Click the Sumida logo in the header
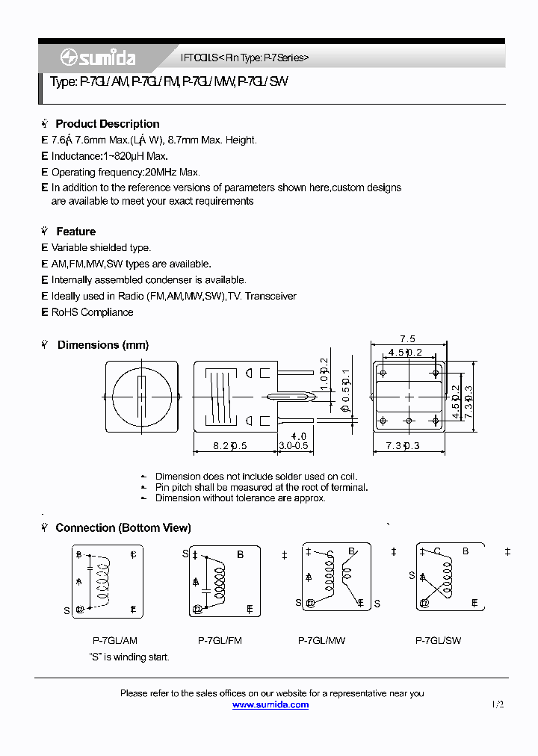(x=97, y=58)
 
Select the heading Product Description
(x=107, y=124)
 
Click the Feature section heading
(x=75, y=232)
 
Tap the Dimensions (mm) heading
(x=102, y=345)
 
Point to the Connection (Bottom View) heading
(x=123, y=527)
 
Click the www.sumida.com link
(x=270, y=704)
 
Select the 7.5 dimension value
(x=407, y=338)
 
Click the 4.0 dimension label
(x=298, y=436)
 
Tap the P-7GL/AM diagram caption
(x=114, y=640)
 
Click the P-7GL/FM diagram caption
(x=220, y=640)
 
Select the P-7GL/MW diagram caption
(x=321, y=640)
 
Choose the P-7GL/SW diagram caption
(x=439, y=640)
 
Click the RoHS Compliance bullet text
(x=92, y=312)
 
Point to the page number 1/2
(x=498, y=704)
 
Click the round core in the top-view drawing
(x=141, y=396)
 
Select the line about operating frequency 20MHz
(x=125, y=172)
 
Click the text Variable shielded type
(x=101, y=247)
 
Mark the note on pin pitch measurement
(x=261, y=487)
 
